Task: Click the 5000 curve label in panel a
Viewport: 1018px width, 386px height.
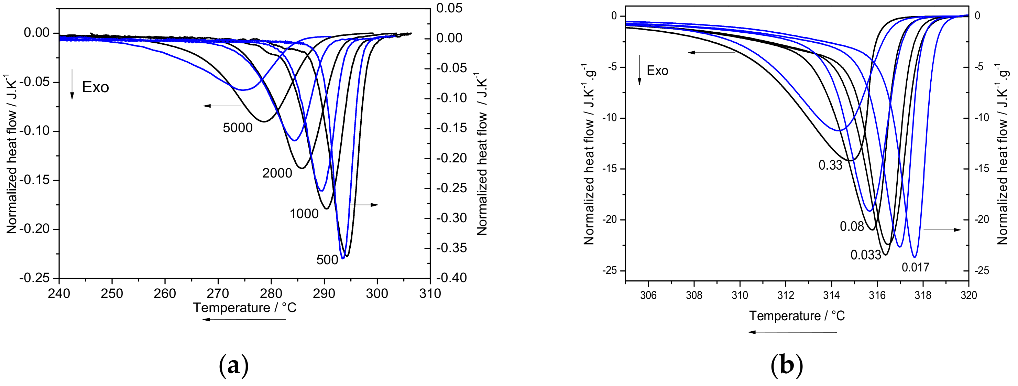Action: pos(238,128)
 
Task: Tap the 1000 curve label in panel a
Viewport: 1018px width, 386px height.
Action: pos(304,214)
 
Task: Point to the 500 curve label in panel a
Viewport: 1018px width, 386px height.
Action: pos(327,260)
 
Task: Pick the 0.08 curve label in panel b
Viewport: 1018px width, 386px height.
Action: pos(852,227)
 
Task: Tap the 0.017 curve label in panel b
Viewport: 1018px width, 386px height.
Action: pos(915,268)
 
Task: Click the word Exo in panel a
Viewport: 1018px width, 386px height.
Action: pos(95,87)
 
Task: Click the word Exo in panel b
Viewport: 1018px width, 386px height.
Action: pos(657,71)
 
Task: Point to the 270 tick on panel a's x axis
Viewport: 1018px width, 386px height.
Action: pos(218,294)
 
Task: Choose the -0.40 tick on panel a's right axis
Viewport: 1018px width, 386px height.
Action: pos(452,278)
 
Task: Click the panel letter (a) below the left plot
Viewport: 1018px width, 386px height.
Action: pos(233,366)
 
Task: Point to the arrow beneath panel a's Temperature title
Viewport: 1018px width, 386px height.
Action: pos(243,319)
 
